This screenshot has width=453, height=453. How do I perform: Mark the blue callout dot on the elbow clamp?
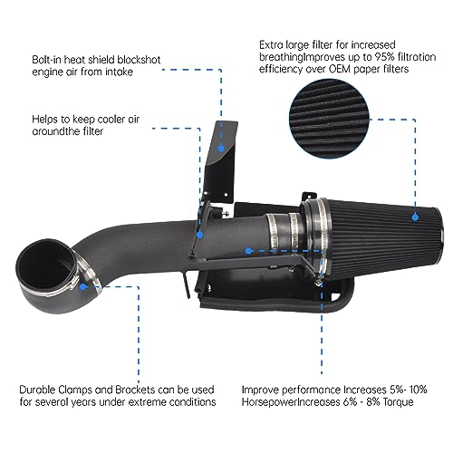83,283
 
